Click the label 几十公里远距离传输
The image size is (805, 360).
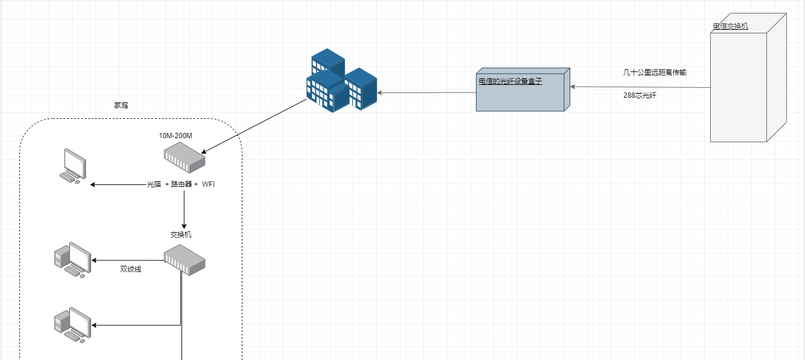pos(655,73)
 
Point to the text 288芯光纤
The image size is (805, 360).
pos(640,94)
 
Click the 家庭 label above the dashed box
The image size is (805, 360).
pos(121,106)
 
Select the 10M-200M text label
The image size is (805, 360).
pos(176,136)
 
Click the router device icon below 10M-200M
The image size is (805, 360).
pos(184,159)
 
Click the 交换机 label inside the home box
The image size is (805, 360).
pos(181,235)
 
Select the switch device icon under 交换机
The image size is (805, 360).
pos(184,260)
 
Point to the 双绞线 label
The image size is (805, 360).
pos(131,269)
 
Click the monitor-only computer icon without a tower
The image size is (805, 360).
pos(74,166)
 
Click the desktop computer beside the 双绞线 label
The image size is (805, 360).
pos(72,259)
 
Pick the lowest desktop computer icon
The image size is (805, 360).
pos(72,324)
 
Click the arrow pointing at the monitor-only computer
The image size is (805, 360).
pos(118,185)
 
